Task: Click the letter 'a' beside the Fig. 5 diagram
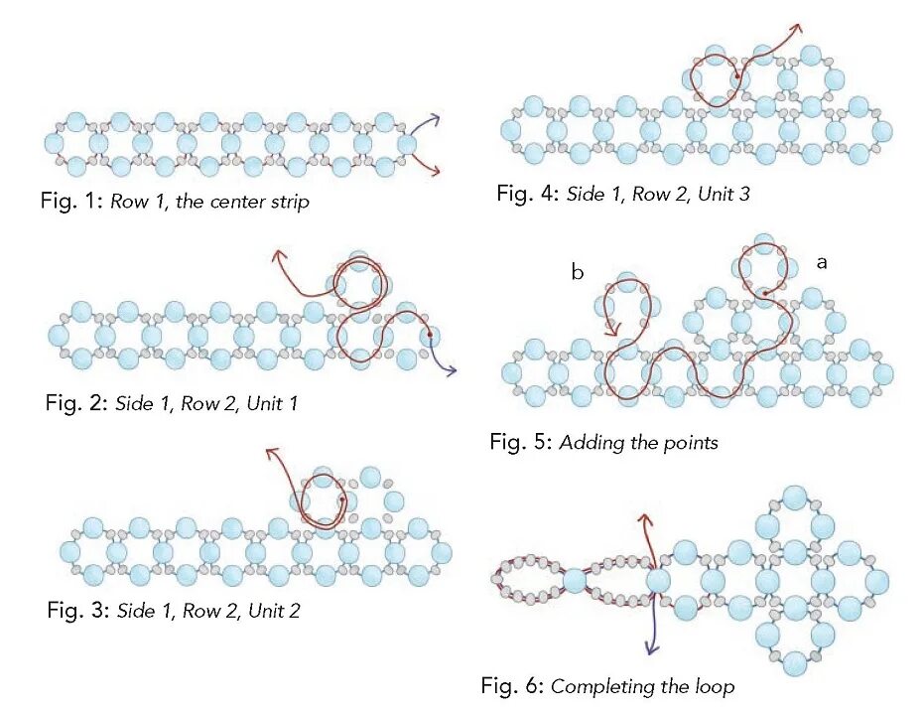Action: click(x=822, y=262)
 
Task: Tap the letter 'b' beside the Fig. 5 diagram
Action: click(x=577, y=272)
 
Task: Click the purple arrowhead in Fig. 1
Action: click(x=438, y=119)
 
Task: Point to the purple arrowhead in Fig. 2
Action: click(x=454, y=371)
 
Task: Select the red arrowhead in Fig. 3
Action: click(x=268, y=454)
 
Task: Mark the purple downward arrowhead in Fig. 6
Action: click(x=651, y=650)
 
